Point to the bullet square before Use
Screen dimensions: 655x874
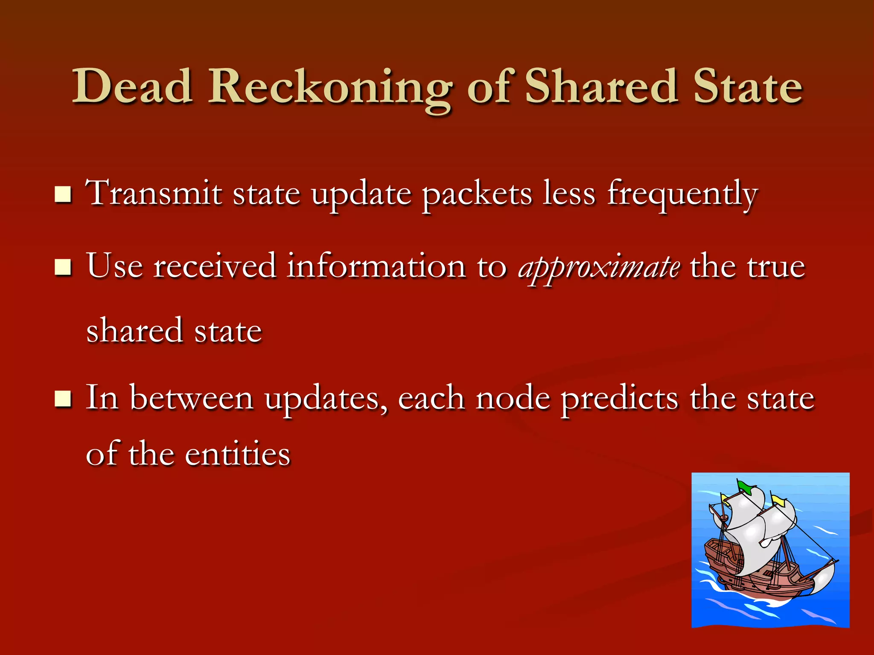(63, 268)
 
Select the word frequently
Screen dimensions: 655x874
(682, 194)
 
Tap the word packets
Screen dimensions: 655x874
(477, 194)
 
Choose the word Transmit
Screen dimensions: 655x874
(154, 194)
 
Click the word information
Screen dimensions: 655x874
(376, 267)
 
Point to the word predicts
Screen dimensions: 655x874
(619, 399)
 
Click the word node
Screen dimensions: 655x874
(513, 398)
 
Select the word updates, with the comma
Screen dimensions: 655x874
(326, 399)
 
